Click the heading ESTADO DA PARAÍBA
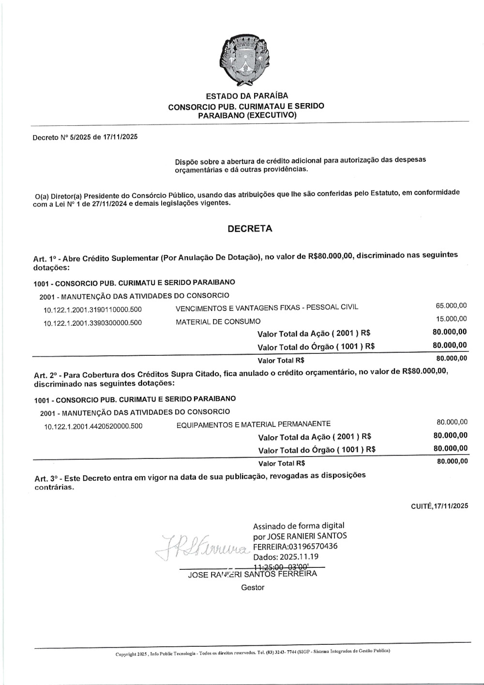click(x=247, y=96)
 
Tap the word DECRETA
click(x=250, y=229)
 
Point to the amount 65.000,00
click(x=451, y=305)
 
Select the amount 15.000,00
click(x=451, y=319)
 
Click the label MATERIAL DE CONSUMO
click(x=218, y=321)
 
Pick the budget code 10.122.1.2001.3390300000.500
click(x=92, y=323)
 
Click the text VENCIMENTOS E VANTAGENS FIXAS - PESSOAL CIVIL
click(x=267, y=308)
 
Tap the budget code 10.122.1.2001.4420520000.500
click(x=93, y=426)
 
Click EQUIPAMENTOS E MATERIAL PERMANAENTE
click(x=253, y=424)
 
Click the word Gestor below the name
click(x=253, y=587)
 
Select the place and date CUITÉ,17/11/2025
click(x=439, y=506)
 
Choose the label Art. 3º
click(x=46, y=479)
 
